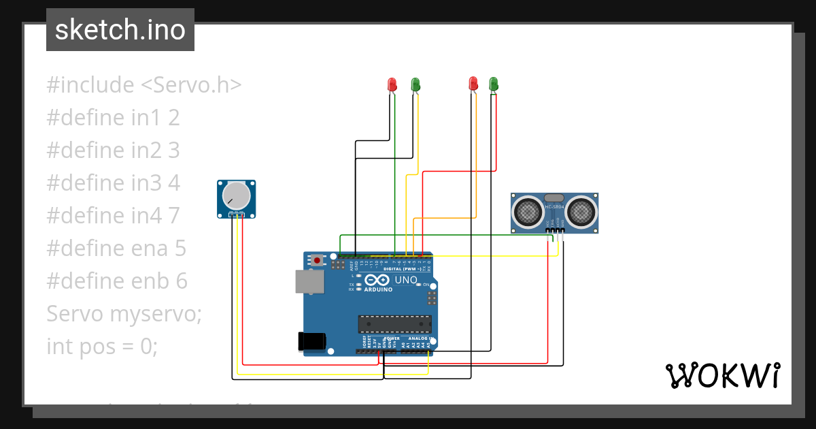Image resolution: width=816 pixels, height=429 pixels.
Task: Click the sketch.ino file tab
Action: click(120, 30)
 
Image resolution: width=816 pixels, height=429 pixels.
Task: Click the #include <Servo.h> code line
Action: click(144, 85)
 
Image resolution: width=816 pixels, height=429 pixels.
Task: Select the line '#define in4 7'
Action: click(113, 216)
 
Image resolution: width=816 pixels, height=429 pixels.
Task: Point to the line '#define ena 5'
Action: click(116, 249)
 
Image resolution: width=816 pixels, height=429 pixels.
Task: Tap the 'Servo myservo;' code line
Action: click(124, 314)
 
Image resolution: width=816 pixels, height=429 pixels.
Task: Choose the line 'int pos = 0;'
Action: click(102, 347)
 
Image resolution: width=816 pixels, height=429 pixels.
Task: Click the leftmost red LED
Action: click(392, 84)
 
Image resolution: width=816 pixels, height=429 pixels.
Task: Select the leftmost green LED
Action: click(415, 84)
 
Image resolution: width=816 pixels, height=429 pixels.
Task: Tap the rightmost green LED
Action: click(494, 84)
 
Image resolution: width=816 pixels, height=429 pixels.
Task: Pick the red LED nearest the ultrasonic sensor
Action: click(473, 84)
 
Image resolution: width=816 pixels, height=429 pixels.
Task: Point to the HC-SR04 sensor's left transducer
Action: click(528, 212)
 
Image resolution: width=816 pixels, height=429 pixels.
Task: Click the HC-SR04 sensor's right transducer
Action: click(581, 212)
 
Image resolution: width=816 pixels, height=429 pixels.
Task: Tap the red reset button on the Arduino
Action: click(318, 260)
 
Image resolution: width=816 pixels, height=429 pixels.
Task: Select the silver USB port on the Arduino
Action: click(309, 281)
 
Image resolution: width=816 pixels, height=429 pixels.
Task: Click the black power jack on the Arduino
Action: click(312, 342)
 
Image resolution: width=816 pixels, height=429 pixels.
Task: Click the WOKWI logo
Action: click(722, 375)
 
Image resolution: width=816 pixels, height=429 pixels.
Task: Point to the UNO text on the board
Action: click(406, 280)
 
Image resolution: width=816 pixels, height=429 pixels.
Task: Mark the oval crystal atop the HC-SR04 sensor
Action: click(554, 197)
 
